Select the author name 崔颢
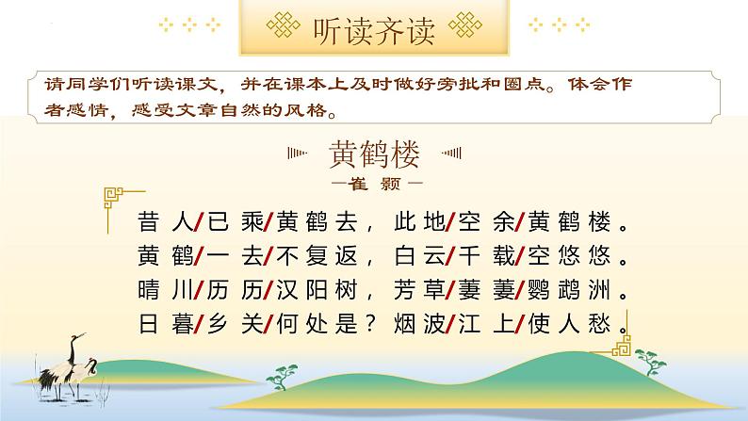(x=374, y=179)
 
